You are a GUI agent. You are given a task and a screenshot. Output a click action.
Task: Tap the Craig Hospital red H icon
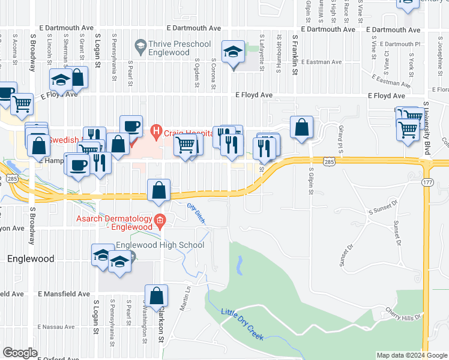point(156,129)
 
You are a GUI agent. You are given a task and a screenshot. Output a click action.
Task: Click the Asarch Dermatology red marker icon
point(159,222)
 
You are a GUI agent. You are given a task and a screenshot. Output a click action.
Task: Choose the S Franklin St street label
point(295,54)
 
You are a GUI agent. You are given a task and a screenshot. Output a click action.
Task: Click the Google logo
point(20,352)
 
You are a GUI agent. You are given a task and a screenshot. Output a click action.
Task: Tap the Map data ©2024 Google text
point(411,355)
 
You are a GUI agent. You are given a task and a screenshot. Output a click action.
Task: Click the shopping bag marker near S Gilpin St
point(301,127)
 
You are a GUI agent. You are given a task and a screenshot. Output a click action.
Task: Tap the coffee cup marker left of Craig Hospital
point(131,126)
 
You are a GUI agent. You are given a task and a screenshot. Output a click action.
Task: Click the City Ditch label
point(196,214)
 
